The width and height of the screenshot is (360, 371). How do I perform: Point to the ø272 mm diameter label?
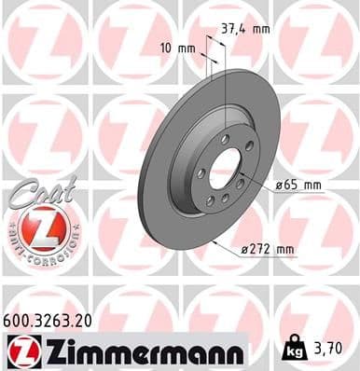point(267,249)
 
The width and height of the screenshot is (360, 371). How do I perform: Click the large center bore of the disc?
point(226,169)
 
